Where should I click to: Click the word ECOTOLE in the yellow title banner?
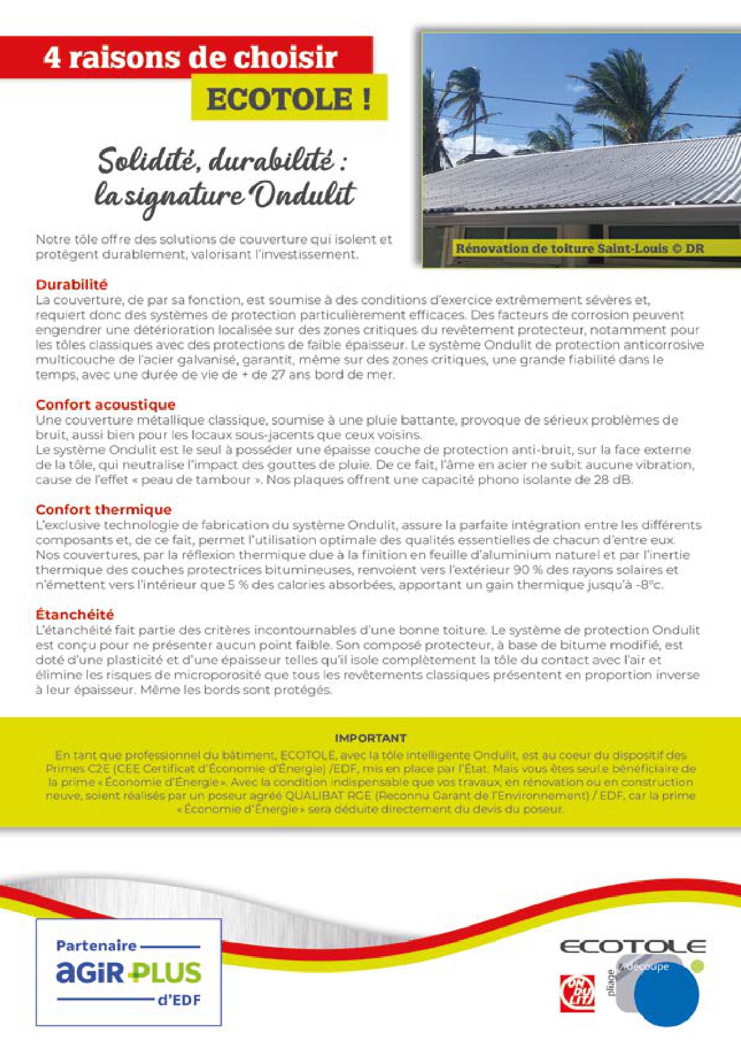(x=279, y=99)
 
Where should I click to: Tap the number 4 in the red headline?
(x=53, y=58)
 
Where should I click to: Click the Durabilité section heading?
(x=72, y=285)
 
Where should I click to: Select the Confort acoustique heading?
(x=105, y=405)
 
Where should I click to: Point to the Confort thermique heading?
(x=103, y=510)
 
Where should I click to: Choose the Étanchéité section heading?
(x=75, y=614)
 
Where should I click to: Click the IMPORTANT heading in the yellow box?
(x=370, y=738)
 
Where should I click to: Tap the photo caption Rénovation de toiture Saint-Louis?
(x=579, y=248)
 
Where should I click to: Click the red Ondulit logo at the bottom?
(x=577, y=993)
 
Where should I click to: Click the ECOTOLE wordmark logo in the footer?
(x=632, y=947)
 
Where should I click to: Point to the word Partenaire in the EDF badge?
(x=96, y=946)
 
